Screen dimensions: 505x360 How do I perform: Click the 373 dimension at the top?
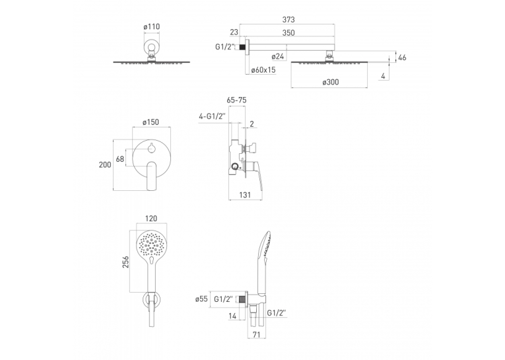pyautogui.click(x=288, y=20)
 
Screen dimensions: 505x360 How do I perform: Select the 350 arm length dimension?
pyautogui.click(x=288, y=33)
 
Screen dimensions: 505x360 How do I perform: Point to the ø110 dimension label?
pyautogui.click(x=152, y=26)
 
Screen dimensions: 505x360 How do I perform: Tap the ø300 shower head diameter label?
pyautogui.click(x=331, y=82)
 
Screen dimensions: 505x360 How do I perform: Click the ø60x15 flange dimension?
pyautogui.click(x=263, y=70)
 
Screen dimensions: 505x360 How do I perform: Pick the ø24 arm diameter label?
pyautogui.click(x=278, y=56)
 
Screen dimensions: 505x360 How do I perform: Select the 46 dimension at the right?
pyautogui.click(x=402, y=57)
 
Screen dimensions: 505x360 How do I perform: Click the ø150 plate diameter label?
pyautogui.click(x=151, y=122)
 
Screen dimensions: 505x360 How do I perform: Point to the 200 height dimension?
pyautogui.click(x=105, y=164)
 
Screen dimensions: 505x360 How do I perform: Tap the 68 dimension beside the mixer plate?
pyautogui.click(x=119, y=159)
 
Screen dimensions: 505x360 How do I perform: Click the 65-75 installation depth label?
pyautogui.click(x=237, y=100)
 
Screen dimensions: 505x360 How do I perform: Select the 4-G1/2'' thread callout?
pyautogui.click(x=213, y=117)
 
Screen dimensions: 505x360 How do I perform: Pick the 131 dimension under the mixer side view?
pyautogui.click(x=245, y=195)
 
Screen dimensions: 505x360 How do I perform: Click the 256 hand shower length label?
pyautogui.click(x=125, y=262)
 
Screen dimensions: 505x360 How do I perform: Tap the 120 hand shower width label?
pyautogui.click(x=151, y=219)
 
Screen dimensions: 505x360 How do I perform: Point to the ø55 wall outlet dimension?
pyautogui.click(x=201, y=299)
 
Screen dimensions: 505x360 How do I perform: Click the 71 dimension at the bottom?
pyautogui.click(x=256, y=335)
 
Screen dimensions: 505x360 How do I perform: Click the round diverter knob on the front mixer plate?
pyautogui.click(x=151, y=148)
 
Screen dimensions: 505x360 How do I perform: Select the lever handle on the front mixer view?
pyautogui.click(x=151, y=176)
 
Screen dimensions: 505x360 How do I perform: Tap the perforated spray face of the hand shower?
pyautogui.click(x=151, y=245)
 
